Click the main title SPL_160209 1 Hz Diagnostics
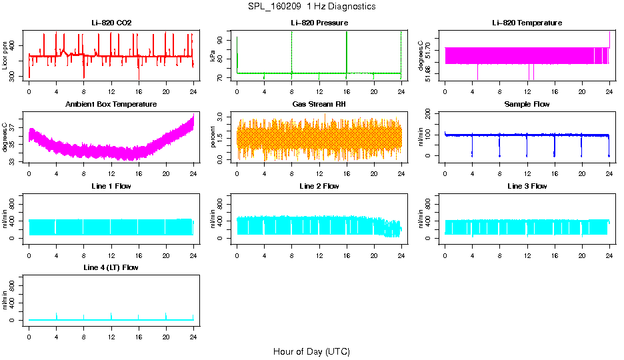(311, 6)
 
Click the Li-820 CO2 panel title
(111, 23)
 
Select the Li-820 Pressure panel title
(319, 23)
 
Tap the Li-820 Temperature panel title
(527, 23)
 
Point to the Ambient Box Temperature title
(111, 104)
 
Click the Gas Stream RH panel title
(319, 104)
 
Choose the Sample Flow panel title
(527, 104)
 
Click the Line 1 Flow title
(111, 186)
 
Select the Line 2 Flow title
(319, 186)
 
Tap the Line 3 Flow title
(527, 186)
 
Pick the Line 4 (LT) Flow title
(111, 267)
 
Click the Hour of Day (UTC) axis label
(311, 351)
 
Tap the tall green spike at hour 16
(347, 50)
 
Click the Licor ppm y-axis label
(5, 56)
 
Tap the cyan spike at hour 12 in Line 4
(111, 315)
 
